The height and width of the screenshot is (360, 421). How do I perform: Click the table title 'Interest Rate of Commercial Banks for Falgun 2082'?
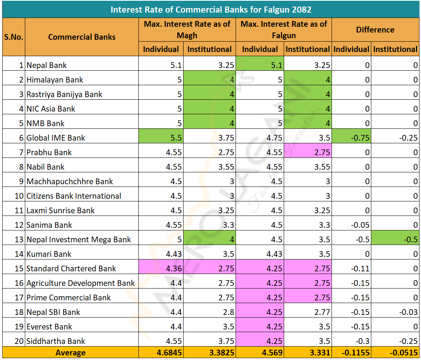[210, 9]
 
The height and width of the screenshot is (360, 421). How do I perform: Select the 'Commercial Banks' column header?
[82, 37]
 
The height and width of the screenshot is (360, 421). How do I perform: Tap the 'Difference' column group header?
[375, 30]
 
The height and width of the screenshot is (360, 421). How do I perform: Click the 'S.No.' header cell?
[14, 37]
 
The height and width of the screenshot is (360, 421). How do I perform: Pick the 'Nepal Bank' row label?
[47, 65]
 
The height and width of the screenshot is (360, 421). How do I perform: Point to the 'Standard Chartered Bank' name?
[71, 269]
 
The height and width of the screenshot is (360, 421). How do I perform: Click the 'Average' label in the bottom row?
[70, 353]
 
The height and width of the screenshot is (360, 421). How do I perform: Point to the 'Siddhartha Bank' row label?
[56, 341]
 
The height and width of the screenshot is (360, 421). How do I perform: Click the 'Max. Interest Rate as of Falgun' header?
[284, 30]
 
